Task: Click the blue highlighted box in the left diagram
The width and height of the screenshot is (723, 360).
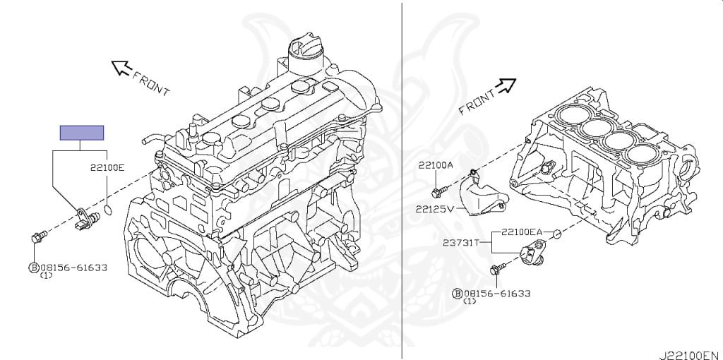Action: coord(81,132)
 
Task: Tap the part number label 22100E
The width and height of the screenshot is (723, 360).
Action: coord(107,168)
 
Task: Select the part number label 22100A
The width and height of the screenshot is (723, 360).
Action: coord(435,165)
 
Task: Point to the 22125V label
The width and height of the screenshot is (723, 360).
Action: coord(434,209)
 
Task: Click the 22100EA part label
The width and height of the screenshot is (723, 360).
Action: coord(522,232)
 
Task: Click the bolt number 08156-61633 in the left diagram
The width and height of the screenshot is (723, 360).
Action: coord(73,268)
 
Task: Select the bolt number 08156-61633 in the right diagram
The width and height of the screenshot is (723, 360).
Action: coord(497,293)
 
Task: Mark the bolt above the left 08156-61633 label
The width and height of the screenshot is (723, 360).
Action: coord(39,236)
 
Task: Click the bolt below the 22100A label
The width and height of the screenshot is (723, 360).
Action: coord(437,191)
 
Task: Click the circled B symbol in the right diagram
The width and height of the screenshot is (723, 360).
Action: coord(458,293)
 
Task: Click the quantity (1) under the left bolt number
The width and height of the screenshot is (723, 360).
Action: coord(46,275)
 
